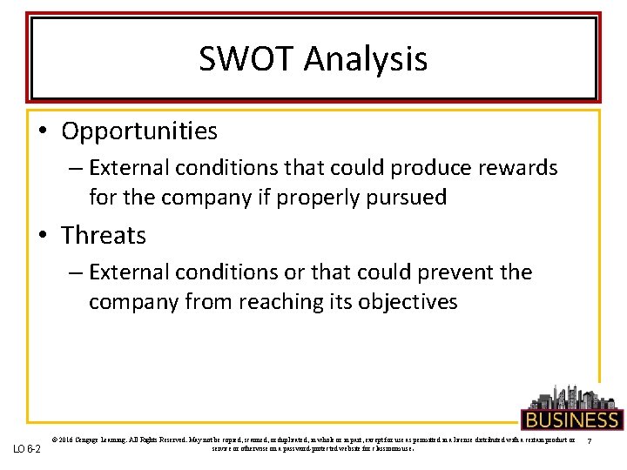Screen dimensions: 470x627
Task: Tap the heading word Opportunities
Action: pos(139,131)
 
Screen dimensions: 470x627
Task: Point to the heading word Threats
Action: pos(104,235)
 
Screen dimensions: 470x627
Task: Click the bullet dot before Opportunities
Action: pos(44,132)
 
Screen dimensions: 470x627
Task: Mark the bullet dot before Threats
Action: pos(44,236)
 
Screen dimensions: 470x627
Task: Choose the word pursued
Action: pos(407,198)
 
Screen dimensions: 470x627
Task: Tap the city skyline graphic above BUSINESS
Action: pos(570,396)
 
